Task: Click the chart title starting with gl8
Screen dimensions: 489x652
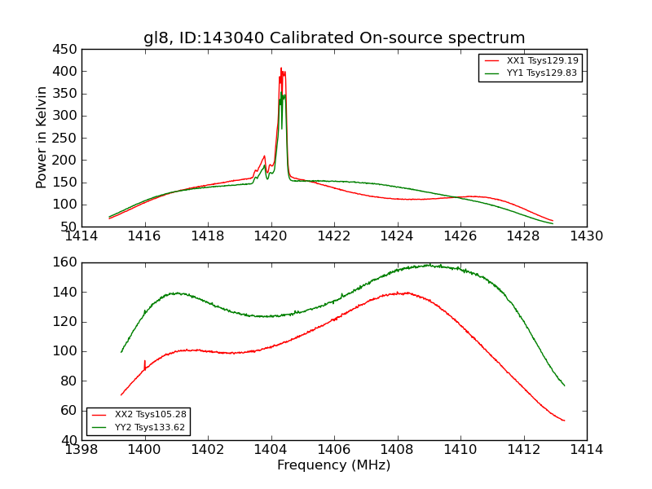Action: (x=334, y=38)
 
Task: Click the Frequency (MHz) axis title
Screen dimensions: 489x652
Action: (x=334, y=465)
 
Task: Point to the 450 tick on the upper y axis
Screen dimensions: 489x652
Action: (x=65, y=50)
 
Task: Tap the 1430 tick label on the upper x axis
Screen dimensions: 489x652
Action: (x=586, y=236)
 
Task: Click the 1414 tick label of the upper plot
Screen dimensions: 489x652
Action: (x=81, y=236)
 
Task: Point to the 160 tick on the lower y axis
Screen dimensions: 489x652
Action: (x=65, y=262)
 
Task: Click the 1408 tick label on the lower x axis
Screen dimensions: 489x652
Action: (x=397, y=450)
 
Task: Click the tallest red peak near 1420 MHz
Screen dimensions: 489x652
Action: (x=281, y=68)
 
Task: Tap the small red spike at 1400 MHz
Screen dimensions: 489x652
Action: (x=145, y=361)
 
